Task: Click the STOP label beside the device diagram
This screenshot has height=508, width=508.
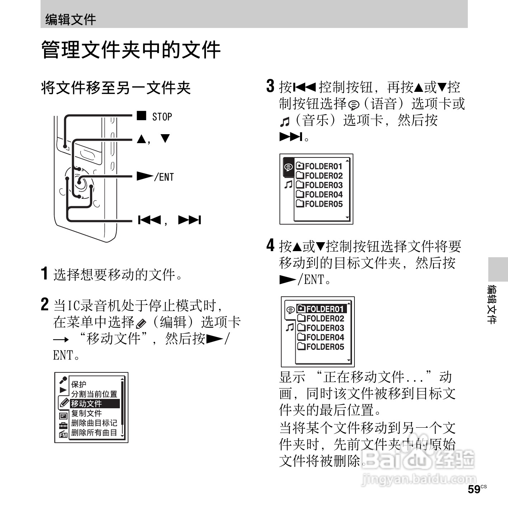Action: coord(162,117)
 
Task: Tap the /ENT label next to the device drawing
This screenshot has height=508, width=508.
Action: coord(164,177)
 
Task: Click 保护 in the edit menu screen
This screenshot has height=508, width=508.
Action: coord(79,384)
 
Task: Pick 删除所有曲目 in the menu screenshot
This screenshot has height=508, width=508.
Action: coord(94,433)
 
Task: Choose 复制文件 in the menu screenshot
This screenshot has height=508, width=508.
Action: coord(86,413)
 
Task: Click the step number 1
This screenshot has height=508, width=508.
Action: coord(44,273)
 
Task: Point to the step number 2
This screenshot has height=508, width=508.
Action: coord(44,305)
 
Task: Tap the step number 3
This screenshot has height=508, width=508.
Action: coord(270,86)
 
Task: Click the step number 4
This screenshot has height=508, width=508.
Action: coord(270,245)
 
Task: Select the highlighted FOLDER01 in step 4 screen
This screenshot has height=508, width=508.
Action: coord(321,309)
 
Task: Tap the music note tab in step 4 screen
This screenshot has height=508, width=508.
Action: coord(289,327)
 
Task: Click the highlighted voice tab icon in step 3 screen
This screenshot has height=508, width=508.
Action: coord(288,167)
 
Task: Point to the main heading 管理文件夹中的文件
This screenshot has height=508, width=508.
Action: coord(131,50)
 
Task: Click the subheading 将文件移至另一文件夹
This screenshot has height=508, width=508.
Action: coord(116,88)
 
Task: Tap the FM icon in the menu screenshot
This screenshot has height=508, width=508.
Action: coord(63,435)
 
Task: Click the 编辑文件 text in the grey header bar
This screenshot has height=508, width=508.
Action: coord(70,19)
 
